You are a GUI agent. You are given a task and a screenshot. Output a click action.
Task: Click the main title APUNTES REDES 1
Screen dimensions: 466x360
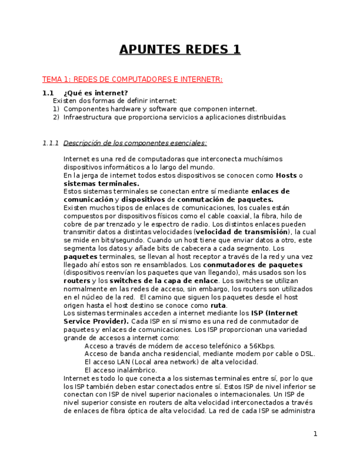pyautogui.click(x=180, y=50)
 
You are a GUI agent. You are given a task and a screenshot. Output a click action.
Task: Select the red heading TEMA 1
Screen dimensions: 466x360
pyautogui.click(x=132, y=80)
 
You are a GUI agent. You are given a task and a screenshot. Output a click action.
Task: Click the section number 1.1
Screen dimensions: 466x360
pyautogui.click(x=48, y=93)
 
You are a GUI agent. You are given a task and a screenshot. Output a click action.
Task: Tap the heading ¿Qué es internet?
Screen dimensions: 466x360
pyautogui.click(x=96, y=93)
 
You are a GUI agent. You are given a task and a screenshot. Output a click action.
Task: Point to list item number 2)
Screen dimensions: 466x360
pyautogui.click(x=56, y=117)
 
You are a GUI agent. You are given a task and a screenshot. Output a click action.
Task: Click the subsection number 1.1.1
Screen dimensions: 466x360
pyautogui.click(x=51, y=143)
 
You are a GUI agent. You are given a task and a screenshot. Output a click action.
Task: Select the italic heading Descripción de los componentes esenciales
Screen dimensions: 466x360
pyautogui.click(x=135, y=143)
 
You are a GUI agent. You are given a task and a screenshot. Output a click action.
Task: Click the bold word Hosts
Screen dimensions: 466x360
pyautogui.click(x=286, y=175)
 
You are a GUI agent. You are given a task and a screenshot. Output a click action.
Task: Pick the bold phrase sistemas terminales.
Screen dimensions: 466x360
pyautogui.click(x=101, y=184)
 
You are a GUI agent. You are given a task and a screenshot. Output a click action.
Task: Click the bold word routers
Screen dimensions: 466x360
pyautogui.click(x=77, y=281)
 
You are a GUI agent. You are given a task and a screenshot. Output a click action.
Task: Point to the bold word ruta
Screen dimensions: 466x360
pyautogui.click(x=218, y=306)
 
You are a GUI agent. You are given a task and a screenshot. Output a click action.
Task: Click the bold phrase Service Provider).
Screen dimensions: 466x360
pyautogui.click(x=96, y=321)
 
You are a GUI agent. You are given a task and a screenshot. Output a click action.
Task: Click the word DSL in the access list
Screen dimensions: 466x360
pyautogui.click(x=308, y=354)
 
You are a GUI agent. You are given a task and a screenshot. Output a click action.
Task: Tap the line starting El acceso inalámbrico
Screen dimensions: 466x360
pyautogui.click(x=120, y=370)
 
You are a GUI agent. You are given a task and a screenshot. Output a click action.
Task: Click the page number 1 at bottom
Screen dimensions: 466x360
pyautogui.click(x=315, y=434)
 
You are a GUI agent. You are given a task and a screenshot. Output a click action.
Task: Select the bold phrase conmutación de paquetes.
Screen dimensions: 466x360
pyautogui.click(x=225, y=199)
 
